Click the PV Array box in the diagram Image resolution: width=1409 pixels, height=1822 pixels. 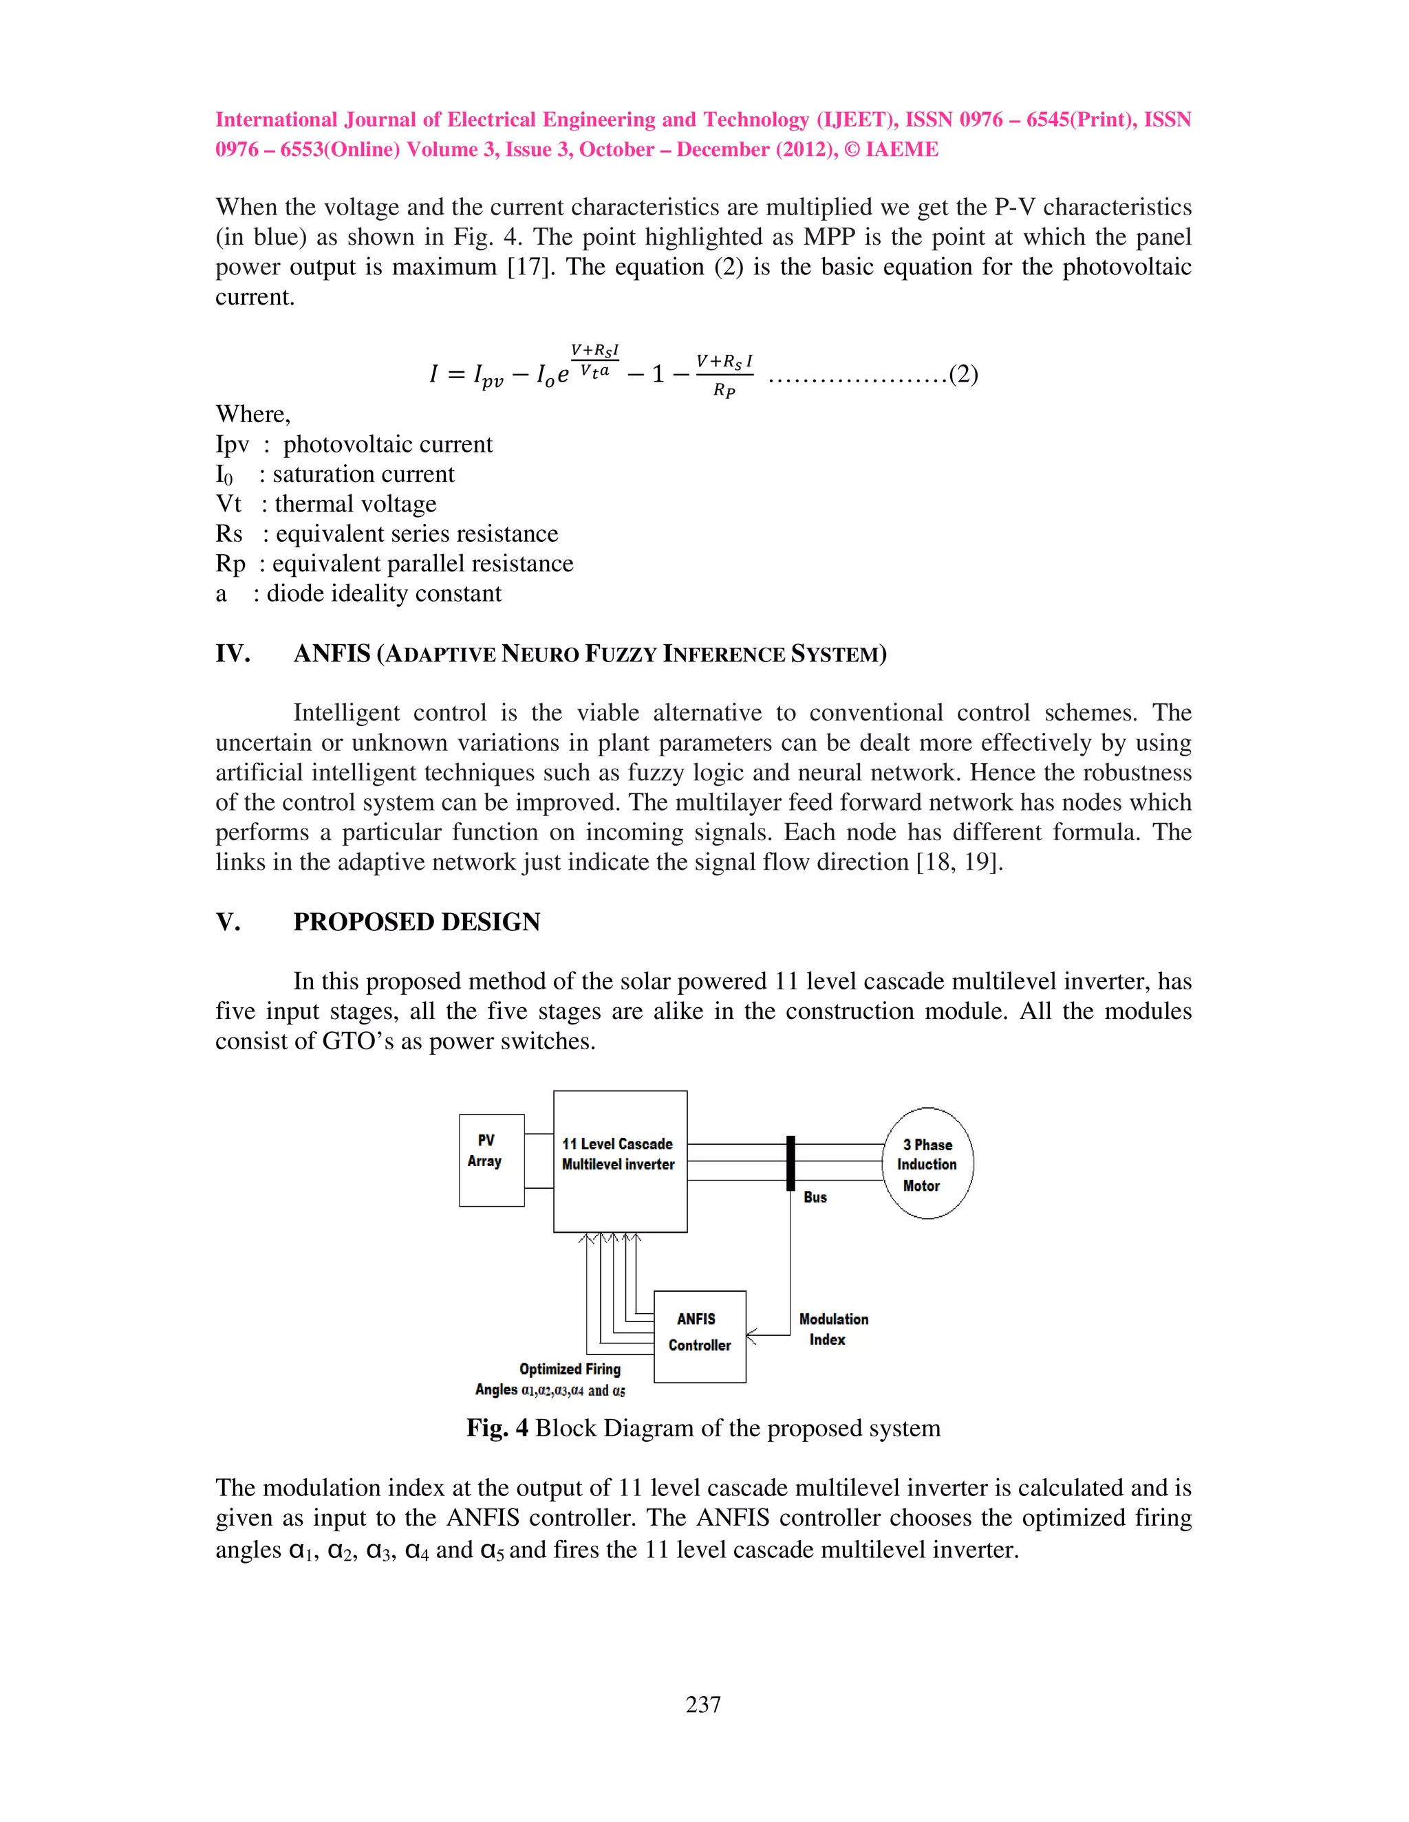pos(491,1160)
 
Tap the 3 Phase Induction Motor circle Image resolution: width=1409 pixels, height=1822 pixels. pos(927,1164)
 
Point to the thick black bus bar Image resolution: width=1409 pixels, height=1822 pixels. pos(790,1163)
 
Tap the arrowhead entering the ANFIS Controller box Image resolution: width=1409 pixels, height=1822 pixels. pos(751,1336)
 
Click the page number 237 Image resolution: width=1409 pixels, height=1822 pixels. pos(703,1704)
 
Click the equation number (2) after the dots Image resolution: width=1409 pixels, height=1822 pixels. pos(963,374)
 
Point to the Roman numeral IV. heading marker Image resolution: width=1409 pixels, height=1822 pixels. pos(233,653)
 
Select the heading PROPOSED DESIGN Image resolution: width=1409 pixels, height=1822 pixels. pos(416,922)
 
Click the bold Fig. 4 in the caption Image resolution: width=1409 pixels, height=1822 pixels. pos(497,1428)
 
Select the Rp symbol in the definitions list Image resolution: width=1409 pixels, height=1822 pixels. pos(230,564)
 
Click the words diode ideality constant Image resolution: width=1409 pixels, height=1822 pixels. pos(384,594)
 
